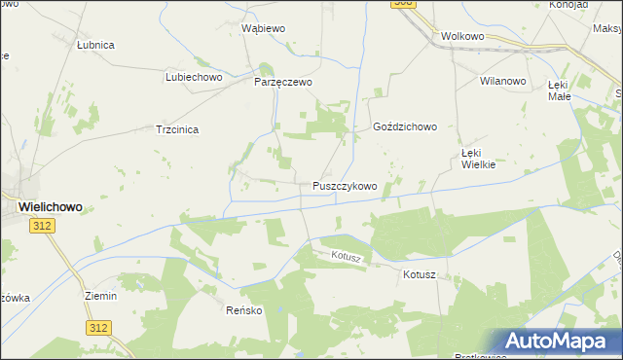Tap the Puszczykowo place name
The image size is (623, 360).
tap(345, 185)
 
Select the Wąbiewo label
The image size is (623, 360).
tap(263, 28)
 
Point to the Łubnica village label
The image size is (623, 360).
tap(96, 45)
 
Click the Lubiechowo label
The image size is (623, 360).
tap(195, 76)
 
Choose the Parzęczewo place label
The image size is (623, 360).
tap(283, 82)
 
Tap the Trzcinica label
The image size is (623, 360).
tap(178, 128)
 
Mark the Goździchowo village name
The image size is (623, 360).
tap(405, 126)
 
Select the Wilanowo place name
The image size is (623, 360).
tap(502, 81)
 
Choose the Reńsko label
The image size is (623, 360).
tap(245, 310)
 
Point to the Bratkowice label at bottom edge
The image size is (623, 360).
tap(480, 356)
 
